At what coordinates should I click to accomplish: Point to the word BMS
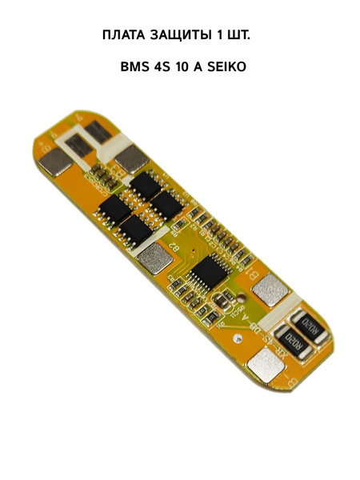135,67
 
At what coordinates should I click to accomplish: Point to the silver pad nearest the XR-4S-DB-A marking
263,366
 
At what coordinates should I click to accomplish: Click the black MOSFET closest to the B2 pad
139,230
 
